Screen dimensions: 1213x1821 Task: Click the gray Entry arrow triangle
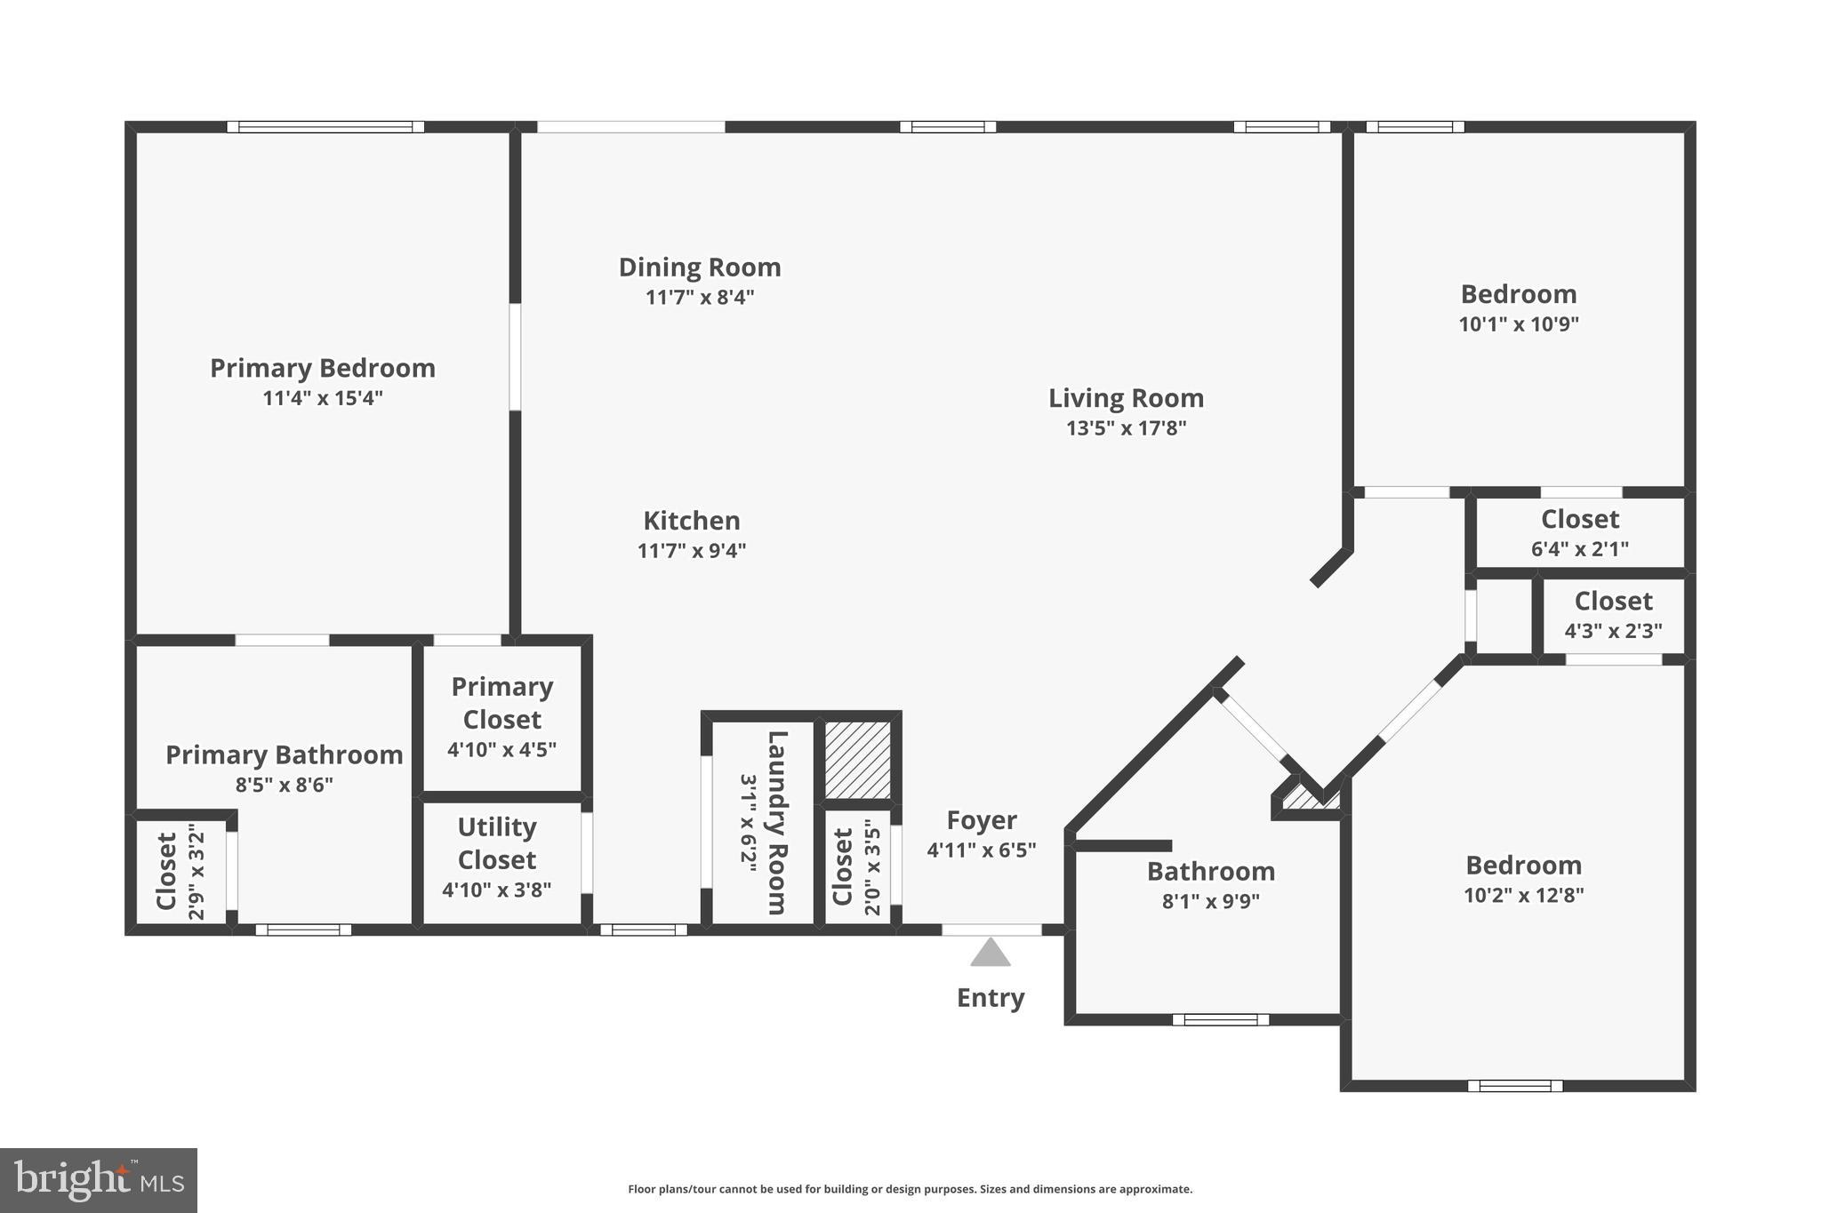[x=990, y=954]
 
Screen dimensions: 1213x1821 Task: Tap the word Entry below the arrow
[x=991, y=998]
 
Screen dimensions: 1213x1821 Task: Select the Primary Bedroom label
[x=323, y=368]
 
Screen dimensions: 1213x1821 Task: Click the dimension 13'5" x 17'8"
[x=1126, y=428]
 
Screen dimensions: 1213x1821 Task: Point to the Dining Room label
[x=700, y=267]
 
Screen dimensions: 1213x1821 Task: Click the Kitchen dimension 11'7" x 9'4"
[x=692, y=551]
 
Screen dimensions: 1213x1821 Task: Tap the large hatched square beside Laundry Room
[x=857, y=759]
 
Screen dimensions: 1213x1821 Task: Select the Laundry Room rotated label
[x=776, y=822]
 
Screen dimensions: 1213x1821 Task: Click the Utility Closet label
[x=496, y=843]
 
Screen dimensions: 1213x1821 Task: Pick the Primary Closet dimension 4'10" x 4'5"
[x=501, y=750]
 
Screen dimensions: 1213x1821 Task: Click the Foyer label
[x=982, y=820]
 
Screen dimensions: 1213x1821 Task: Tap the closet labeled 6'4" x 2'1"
[x=1579, y=531]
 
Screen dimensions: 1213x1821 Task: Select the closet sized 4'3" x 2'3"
[x=1613, y=614]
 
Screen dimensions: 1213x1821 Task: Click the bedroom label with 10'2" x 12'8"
[x=1523, y=866]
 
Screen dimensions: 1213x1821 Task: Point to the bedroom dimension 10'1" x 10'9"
[x=1519, y=324]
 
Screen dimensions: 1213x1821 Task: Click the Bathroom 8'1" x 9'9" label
[x=1210, y=872]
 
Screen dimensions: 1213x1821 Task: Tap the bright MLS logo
[x=99, y=1180]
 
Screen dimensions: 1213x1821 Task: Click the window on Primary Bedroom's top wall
[x=325, y=127]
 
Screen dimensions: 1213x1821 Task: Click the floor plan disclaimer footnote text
[x=910, y=1189]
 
